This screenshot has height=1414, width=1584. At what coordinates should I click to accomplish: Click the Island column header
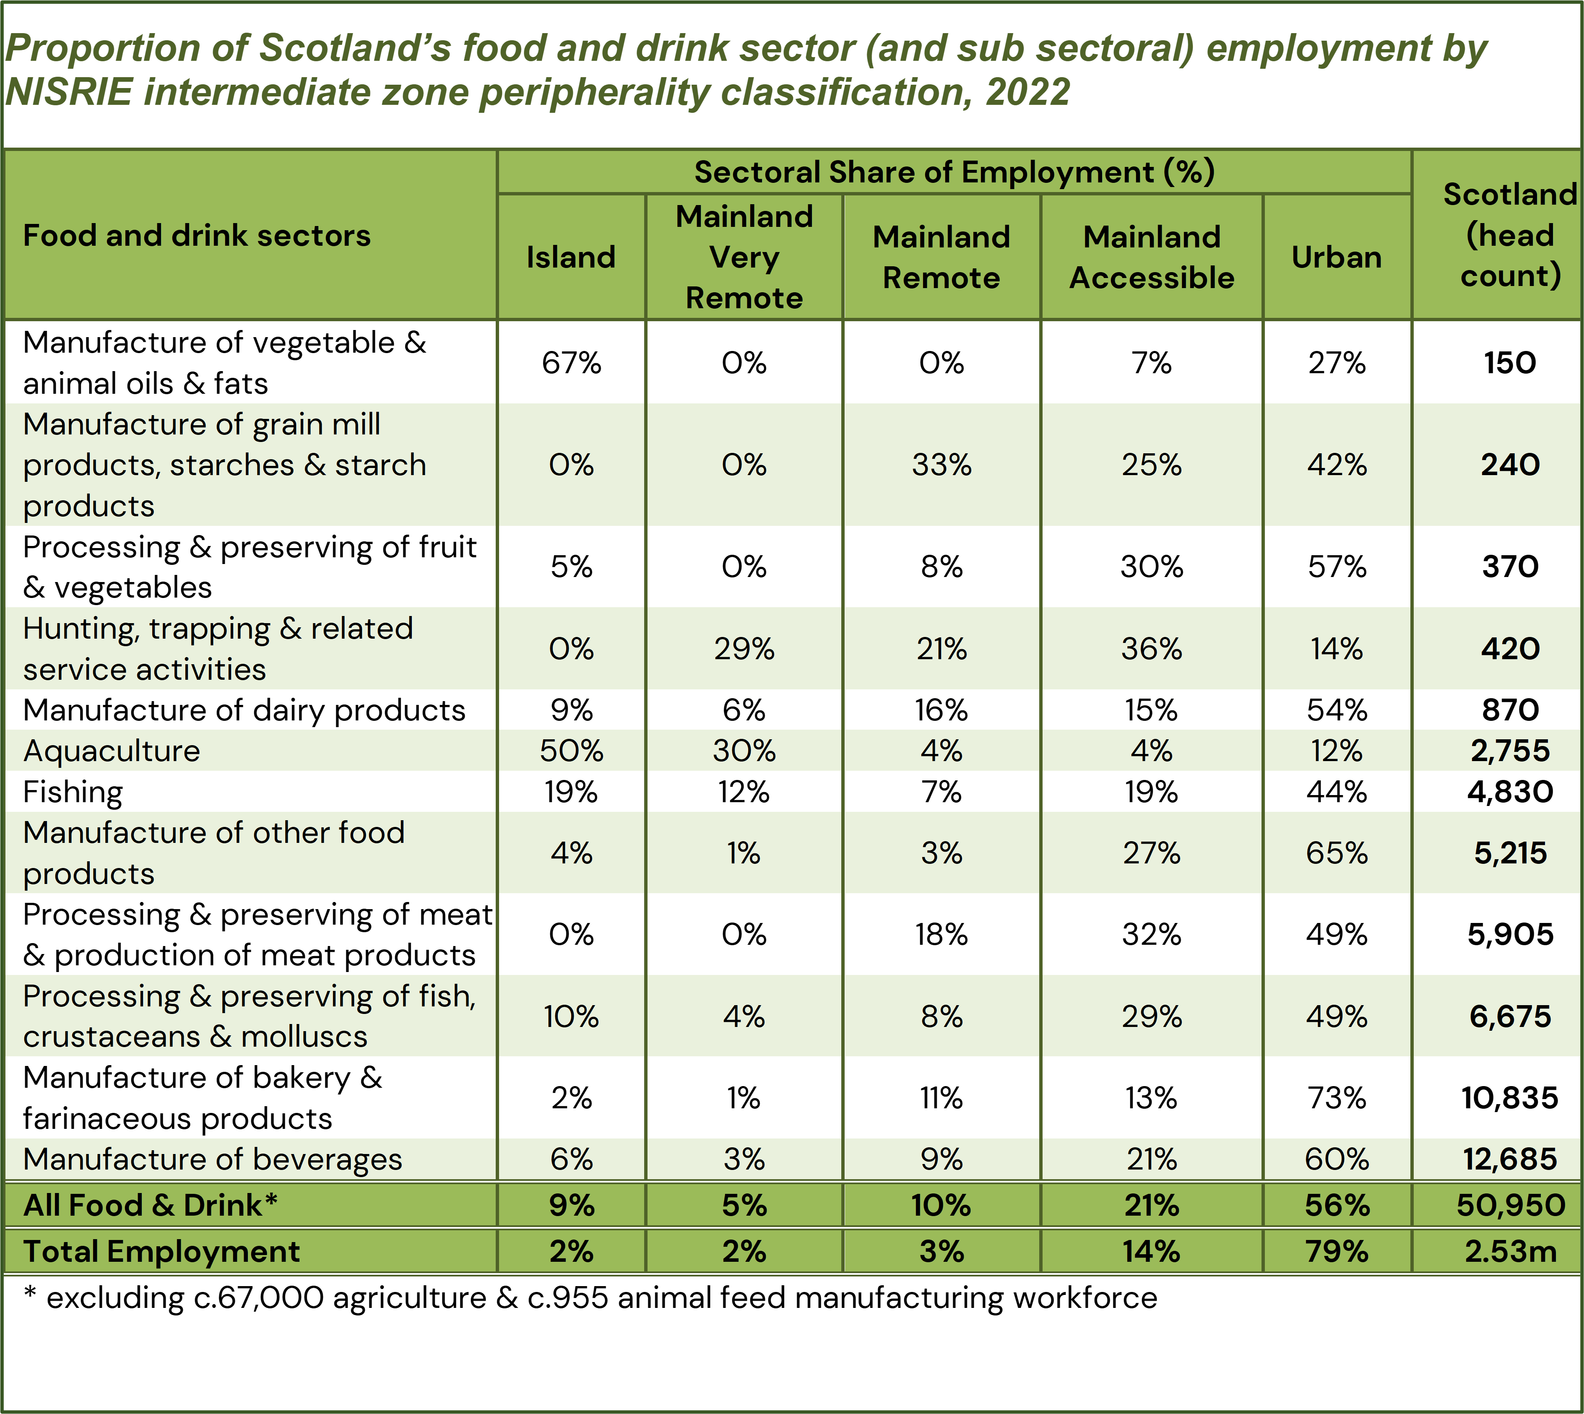(x=571, y=257)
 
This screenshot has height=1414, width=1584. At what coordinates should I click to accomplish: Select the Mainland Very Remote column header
(x=744, y=257)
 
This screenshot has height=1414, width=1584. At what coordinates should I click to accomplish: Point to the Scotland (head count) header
(x=1509, y=235)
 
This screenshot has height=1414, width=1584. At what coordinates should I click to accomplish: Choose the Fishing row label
(x=73, y=792)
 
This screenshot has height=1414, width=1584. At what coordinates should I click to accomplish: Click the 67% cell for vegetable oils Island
(x=571, y=363)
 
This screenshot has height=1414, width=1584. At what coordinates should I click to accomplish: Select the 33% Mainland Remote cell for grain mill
(x=942, y=465)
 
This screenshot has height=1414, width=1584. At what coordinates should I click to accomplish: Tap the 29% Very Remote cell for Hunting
(x=744, y=649)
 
